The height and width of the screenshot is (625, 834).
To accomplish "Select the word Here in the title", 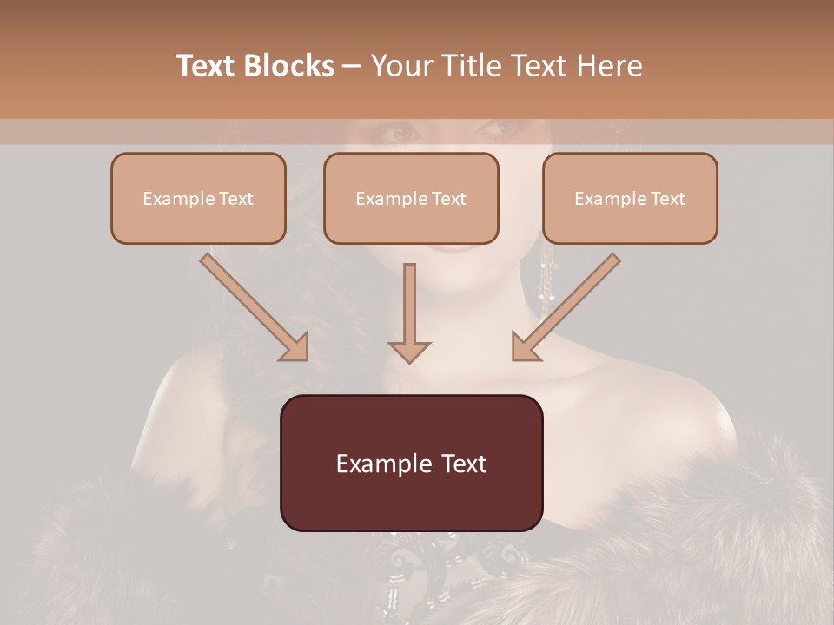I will (x=608, y=66).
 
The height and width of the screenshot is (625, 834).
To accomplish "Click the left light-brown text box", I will (x=198, y=198).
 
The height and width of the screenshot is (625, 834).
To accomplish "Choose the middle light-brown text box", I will (x=411, y=198).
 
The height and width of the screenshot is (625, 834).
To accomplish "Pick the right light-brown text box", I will (x=630, y=198).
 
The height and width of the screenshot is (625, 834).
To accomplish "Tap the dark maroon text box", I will (x=411, y=463).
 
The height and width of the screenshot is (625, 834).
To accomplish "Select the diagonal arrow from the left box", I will (x=255, y=307).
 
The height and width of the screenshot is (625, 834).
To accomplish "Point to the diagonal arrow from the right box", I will (x=566, y=307).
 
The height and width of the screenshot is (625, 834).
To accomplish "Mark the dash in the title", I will (x=352, y=66).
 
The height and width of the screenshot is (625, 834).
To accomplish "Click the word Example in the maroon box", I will (x=375, y=464).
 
